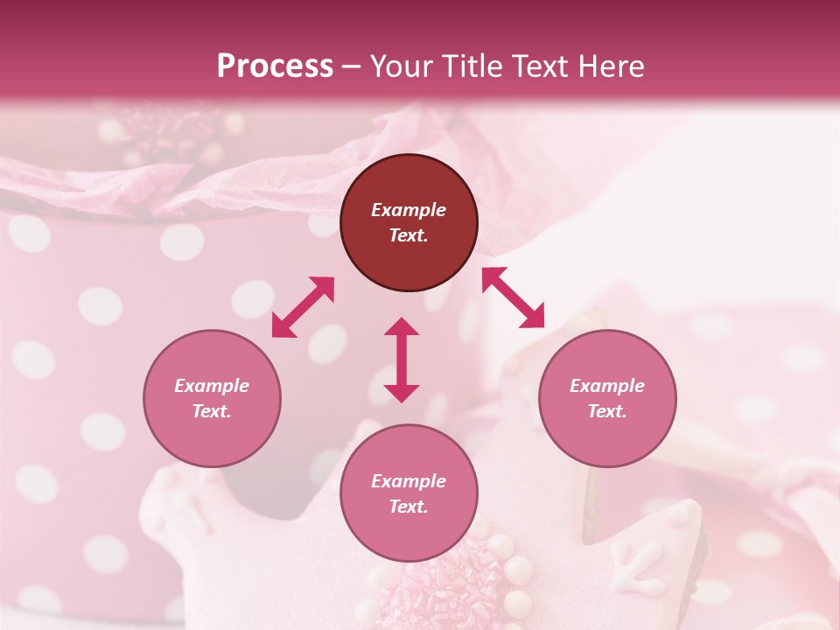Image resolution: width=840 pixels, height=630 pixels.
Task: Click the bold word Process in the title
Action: (275, 66)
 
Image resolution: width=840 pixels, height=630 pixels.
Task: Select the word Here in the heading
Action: (611, 66)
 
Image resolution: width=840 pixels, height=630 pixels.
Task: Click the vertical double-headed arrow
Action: (402, 360)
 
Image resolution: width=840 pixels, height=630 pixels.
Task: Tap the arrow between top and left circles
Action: (303, 307)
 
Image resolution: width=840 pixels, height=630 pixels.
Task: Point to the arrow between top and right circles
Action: (514, 297)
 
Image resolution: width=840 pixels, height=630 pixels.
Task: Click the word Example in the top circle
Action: (409, 210)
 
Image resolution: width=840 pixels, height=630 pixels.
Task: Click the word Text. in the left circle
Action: (212, 411)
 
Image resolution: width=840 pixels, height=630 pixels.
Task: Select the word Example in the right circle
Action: (607, 386)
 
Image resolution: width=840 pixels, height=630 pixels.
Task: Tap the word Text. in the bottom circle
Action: (409, 507)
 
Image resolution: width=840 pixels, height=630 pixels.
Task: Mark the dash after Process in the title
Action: (352, 67)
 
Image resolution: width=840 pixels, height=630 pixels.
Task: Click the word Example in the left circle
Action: (212, 386)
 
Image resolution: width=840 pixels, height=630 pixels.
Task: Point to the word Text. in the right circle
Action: (607, 411)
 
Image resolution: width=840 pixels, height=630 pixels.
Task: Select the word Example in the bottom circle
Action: (409, 481)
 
